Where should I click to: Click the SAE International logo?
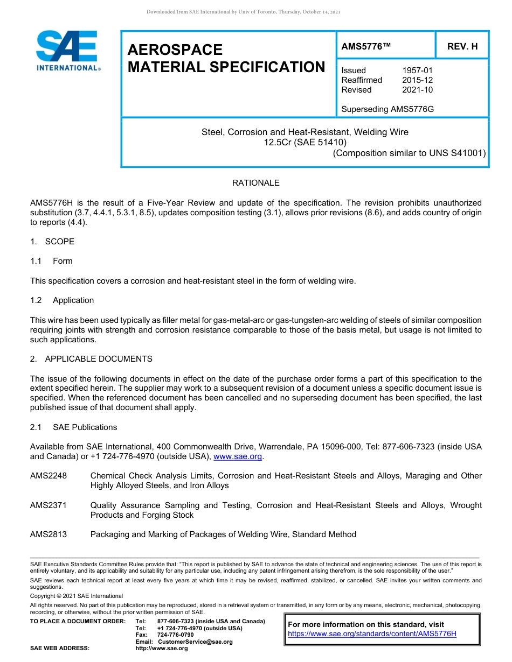(67, 52)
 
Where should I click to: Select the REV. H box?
(462, 47)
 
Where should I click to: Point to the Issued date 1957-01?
(417, 71)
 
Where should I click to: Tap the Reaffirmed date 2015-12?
(417, 80)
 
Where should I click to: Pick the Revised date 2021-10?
(417, 90)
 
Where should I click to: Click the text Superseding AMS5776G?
(388, 109)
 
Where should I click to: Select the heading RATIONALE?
(255, 183)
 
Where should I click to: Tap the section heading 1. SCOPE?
(52, 242)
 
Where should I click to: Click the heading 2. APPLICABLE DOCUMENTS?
(91, 359)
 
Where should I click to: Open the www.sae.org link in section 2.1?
(238, 457)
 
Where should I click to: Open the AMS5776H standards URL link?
(372, 634)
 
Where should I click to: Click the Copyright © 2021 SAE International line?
(77, 596)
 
